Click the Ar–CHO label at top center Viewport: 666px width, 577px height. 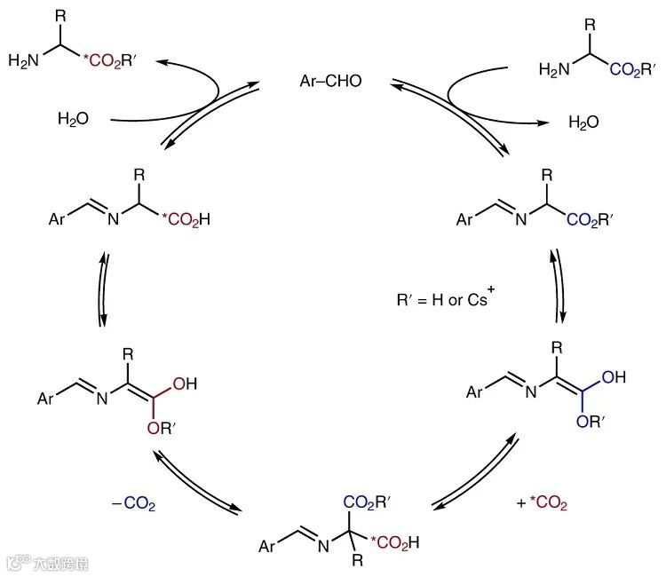(331, 82)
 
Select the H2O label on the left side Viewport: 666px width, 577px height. (74, 119)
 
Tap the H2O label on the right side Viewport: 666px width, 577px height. (584, 121)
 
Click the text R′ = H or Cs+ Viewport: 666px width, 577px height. (444, 300)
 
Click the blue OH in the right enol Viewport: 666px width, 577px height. (614, 376)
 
